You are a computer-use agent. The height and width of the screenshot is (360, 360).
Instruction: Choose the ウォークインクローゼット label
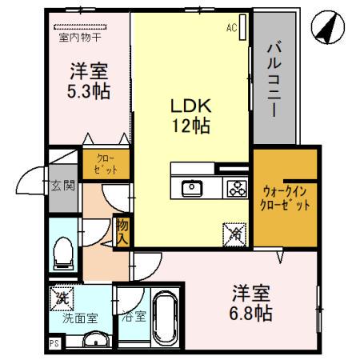[x=286, y=197]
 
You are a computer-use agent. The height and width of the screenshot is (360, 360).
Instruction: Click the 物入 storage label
[x=122, y=231]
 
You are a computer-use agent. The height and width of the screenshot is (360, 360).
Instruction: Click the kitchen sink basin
[x=192, y=189]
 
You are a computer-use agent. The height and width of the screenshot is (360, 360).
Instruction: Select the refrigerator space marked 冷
[x=236, y=232]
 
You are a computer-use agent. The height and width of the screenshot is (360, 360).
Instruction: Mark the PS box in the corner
[x=54, y=344]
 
